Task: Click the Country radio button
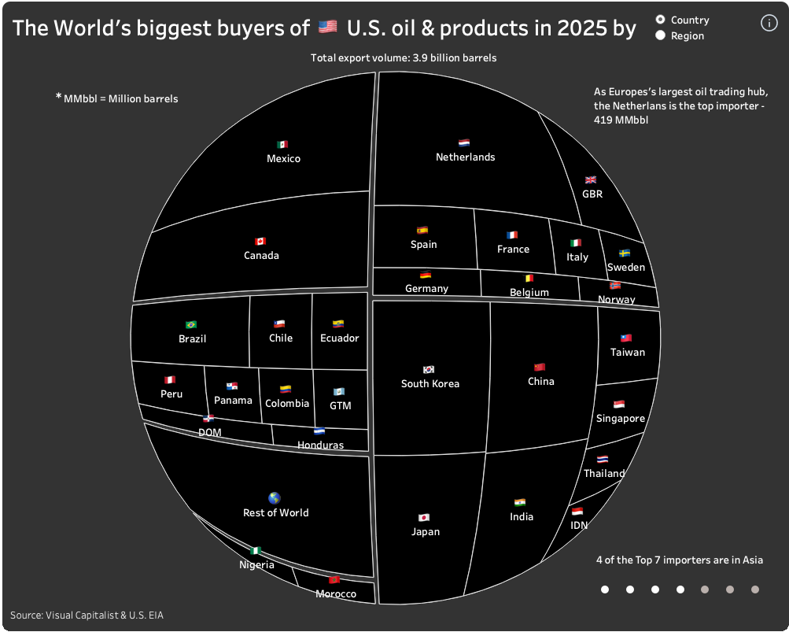[660, 20]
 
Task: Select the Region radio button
[660, 35]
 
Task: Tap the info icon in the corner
[769, 23]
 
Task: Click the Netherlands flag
[464, 143]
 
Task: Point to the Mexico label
[283, 158]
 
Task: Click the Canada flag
[260, 241]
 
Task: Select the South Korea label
[430, 383]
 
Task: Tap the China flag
[540, 367]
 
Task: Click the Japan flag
[424, 517]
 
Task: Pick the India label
[521, 516]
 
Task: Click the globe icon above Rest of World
[275, 497]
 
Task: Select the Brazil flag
[190, 324]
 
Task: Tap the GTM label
[340, 405]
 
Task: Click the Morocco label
[336, 593]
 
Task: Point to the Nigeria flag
[256, 550]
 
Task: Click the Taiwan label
[627, 352]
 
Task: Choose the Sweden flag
[625, 253]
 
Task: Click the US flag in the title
[328, 28]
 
